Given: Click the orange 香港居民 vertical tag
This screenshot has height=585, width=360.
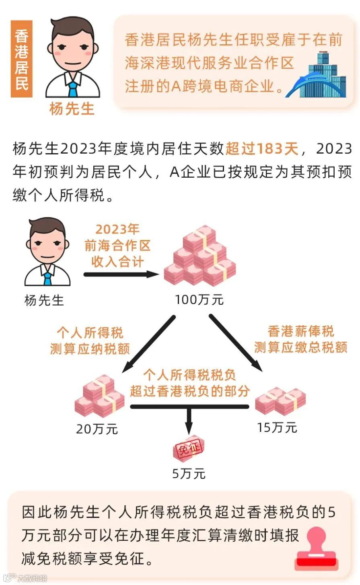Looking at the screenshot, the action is pyautogui.click(x=21, y=60).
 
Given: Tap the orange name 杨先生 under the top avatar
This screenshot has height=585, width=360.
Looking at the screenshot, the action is pyautogui.click(x=72, y=109).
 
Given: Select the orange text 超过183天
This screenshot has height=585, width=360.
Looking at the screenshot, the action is pyautogui.click(x=261, y=149).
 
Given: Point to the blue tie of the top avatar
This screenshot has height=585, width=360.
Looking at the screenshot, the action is pyautogui.click(x=72, y=89).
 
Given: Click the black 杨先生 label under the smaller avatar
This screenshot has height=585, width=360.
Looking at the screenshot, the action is pyautogui.click(x=44, y=300).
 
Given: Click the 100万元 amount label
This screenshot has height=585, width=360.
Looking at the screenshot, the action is pyautogui.click(x=199, y=300).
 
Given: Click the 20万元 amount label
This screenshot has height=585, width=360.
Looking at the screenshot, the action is pyautogui.click(x=97, y=429).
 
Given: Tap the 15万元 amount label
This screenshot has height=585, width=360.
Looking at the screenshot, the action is pyautogui.click(x=277, y=427).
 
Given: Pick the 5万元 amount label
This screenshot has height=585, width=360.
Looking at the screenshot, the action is pyautogui.click(x=189, y=474).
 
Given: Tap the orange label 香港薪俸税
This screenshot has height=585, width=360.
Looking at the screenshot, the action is pyautogui.click(x=301, y=331).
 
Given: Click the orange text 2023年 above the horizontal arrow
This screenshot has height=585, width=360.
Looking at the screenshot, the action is pyautogui.click(x=117, y=229).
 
